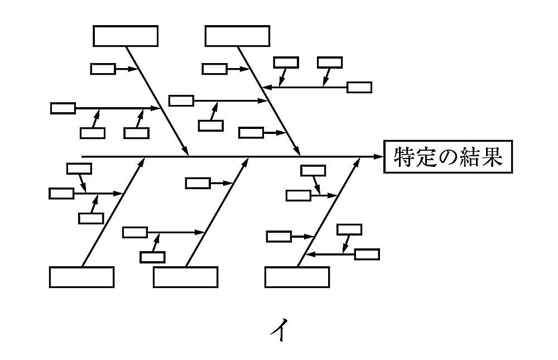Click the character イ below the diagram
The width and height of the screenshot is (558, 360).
279,331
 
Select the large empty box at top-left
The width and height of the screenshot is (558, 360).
126,36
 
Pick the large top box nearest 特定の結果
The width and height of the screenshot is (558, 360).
237,36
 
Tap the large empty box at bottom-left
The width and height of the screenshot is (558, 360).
81,277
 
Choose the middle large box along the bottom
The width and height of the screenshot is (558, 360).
185,277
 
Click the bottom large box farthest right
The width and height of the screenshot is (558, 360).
297,277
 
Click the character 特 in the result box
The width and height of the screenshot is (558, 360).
403,157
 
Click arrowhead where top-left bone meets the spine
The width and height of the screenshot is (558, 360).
186,152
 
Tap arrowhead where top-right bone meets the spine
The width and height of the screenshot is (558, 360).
298,152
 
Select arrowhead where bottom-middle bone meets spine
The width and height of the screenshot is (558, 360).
247,161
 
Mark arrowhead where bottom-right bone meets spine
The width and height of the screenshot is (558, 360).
358,161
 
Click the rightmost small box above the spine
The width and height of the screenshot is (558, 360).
359,87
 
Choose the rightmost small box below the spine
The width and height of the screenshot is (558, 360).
367,255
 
